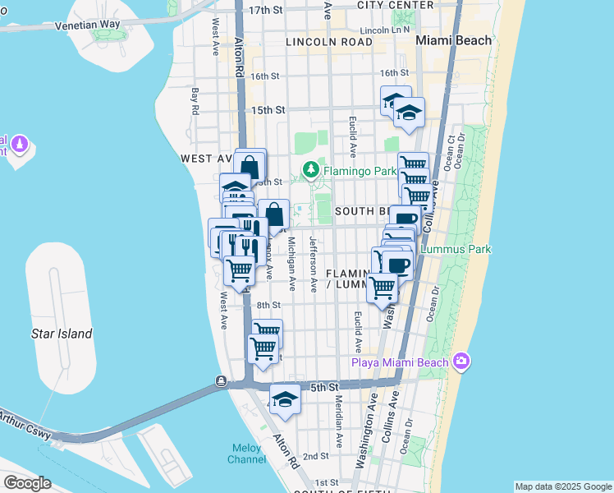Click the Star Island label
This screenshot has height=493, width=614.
pos(62,334)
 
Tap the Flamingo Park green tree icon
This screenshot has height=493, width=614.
pos(311,171)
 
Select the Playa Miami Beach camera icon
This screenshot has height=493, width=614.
pos(461,362)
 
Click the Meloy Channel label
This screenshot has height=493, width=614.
pos(245,454)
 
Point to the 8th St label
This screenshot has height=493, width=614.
pos(268,305)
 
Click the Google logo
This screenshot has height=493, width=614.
pos(27,483)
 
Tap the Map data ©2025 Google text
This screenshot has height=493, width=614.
pos(563,486)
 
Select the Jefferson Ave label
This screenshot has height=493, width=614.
pos(314,264)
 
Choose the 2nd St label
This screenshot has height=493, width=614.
pos(316,456)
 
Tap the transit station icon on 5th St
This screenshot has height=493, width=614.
pos(222,381)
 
